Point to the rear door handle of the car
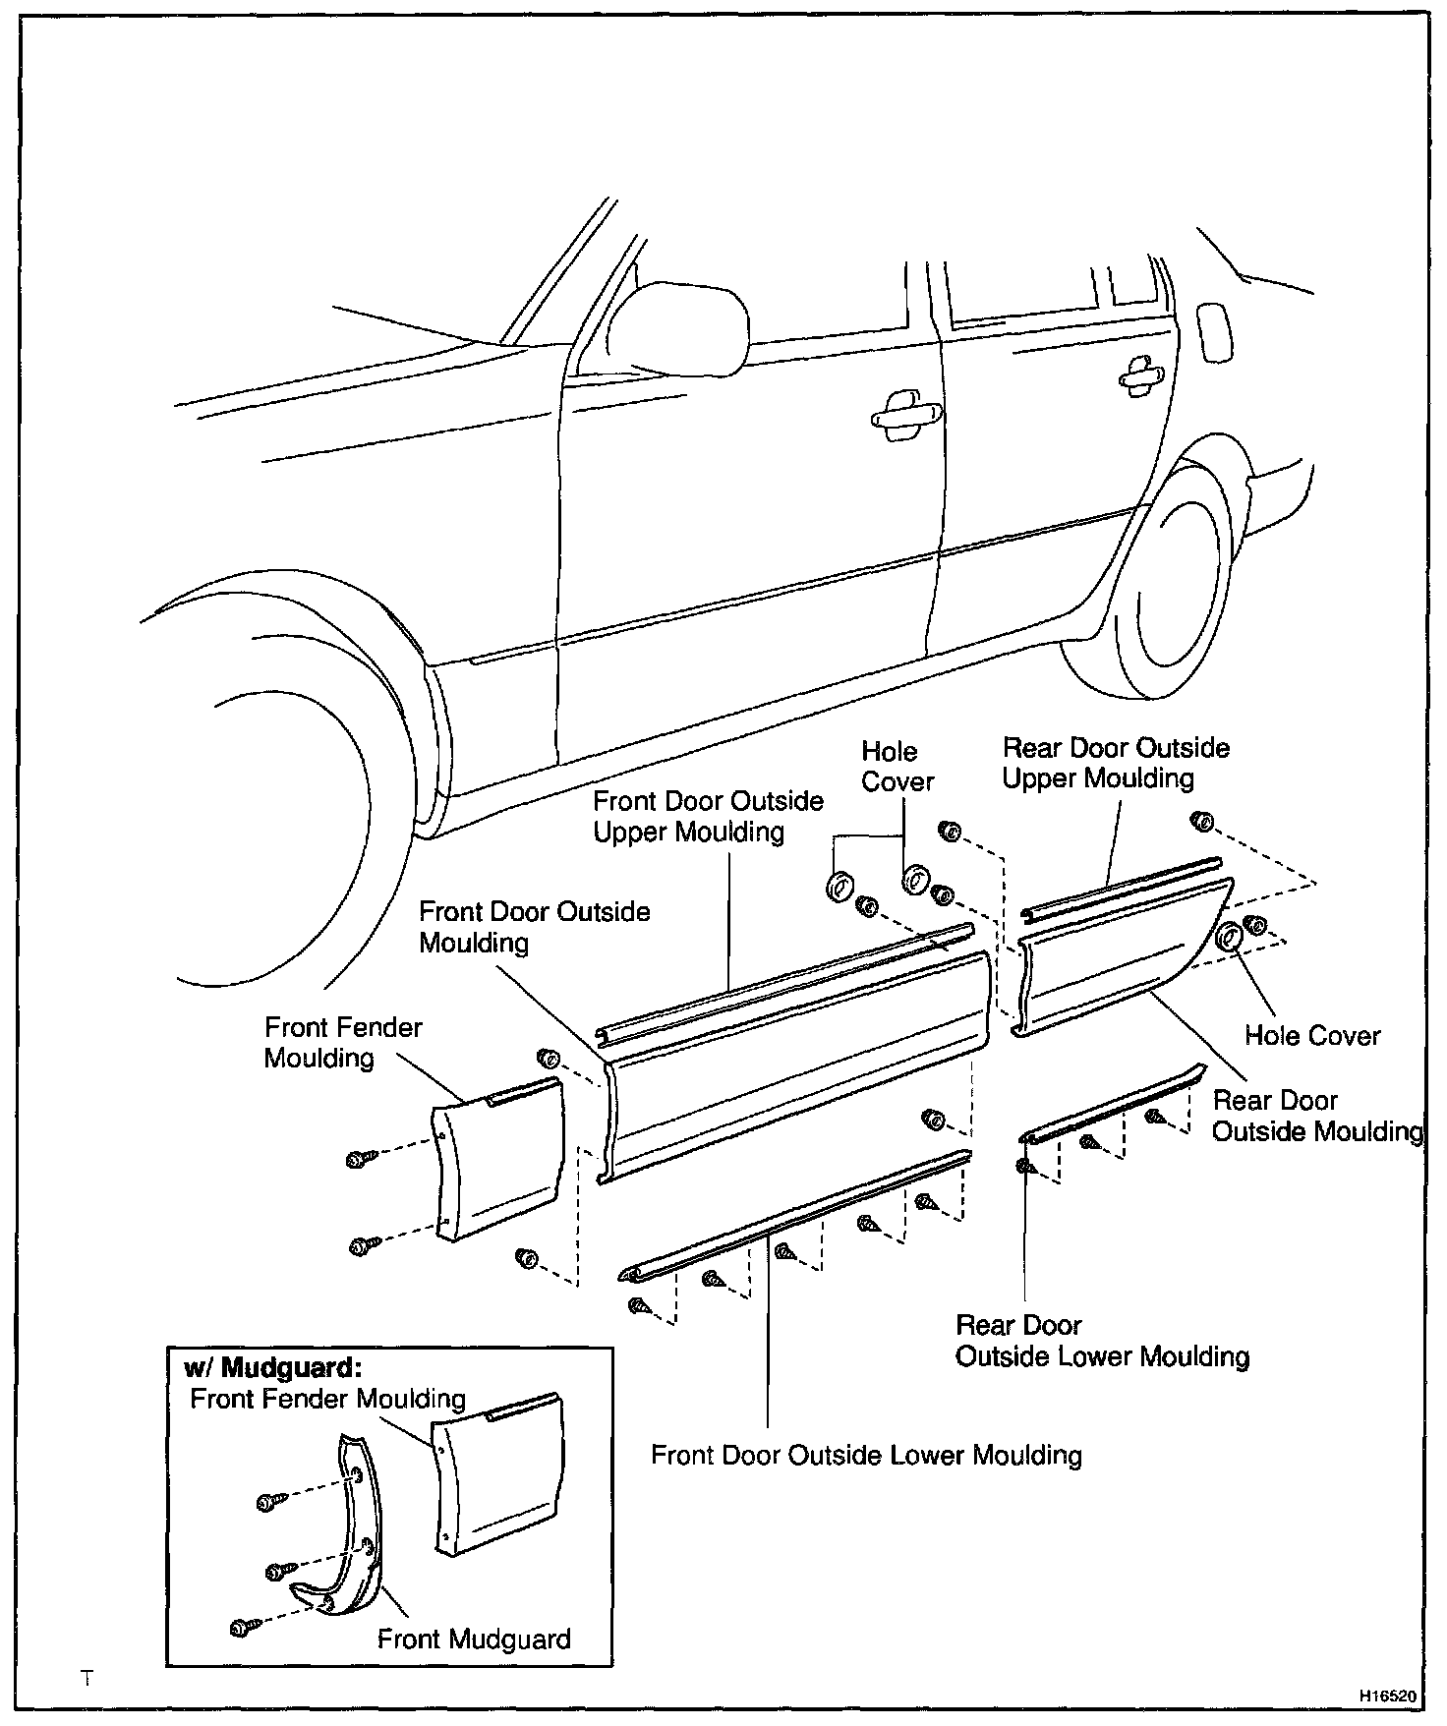tap(1140, 374)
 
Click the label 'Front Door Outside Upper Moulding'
tap(708, 817)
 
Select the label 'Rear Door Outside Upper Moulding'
tap(1116, 764)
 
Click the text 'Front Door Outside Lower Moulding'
tap(866, 1456)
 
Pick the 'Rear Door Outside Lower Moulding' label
tap(1102, 1342)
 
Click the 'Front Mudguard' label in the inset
tap(474, 1640)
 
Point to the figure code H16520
tap(1388, 1697)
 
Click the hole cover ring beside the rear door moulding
tap(1228, 937)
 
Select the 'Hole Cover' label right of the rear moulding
tap(1311, 1036)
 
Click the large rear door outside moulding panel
tap(1111, 958)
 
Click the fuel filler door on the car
tap(1214, 333)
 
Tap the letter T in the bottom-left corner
tap(87, 1679)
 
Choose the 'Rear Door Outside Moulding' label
tap(1317, 1117)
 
